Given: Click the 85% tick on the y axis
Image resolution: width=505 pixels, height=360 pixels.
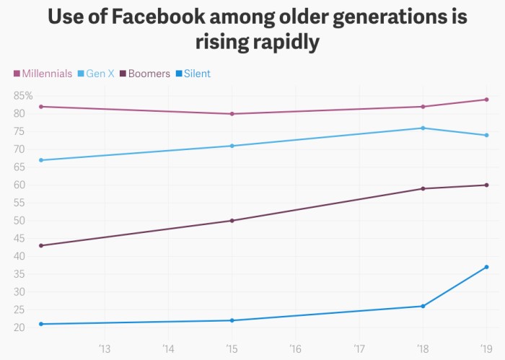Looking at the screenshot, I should click(x=23, y=96).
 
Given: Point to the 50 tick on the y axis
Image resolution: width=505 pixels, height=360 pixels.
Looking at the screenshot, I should click(x=19, y=221).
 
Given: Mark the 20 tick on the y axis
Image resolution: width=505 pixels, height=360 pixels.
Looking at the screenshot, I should click(x=19, y=328).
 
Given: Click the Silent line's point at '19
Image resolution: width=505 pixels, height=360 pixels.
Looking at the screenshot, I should click(x=486, y=267).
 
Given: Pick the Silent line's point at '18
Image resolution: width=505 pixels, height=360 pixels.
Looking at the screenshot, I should click(x=423, y=306).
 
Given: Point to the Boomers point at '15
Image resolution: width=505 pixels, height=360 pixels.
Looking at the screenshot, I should click(x=232, y=221).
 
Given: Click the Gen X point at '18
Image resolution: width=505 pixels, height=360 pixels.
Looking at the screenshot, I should click(x=423, y=128).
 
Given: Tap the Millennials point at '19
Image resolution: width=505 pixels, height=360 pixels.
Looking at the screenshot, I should click(x=486, y=100).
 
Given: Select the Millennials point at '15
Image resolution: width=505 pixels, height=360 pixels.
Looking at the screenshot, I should click(x=232, y=114).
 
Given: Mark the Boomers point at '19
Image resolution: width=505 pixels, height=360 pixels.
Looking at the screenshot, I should click(x=486, y=185).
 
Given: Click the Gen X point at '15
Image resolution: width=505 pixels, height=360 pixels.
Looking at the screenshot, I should click(x=232, y=146).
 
